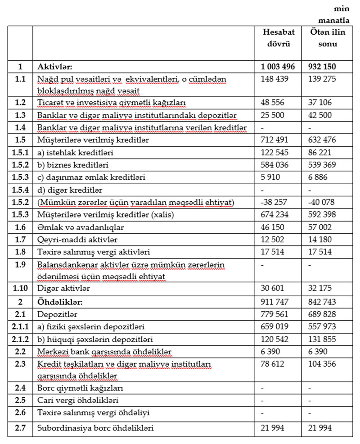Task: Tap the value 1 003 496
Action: tap(278, 66)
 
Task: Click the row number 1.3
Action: tap(20, 115)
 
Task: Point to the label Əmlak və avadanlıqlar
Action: tap(72, 227)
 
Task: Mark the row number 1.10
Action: tap(20, 288)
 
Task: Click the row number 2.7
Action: tap(20, 428)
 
